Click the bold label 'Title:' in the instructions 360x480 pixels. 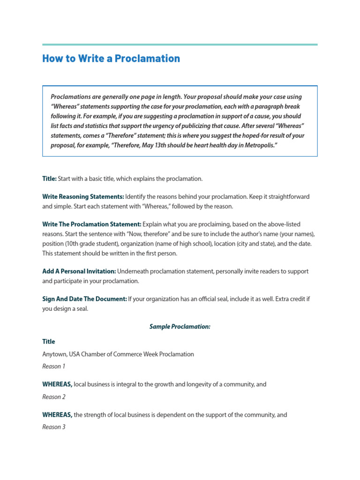(49, 179)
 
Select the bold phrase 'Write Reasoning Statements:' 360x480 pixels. (83, 196)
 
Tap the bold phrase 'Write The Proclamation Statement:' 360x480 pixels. (91, 224)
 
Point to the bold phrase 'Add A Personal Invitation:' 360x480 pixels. (79, 271)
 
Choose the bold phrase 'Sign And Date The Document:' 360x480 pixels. (84, 300)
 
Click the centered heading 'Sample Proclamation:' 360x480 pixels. (180, 326)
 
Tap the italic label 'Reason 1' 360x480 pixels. (54, 366)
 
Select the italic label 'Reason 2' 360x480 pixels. (54, 397)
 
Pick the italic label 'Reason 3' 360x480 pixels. (54, 427)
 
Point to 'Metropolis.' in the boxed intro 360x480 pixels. (260, 145)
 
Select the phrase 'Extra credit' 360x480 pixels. (284, 300)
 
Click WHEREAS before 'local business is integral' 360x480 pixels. (57, 384)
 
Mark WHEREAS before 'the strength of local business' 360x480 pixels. (57, 415)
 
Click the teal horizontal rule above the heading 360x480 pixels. (180, 45)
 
